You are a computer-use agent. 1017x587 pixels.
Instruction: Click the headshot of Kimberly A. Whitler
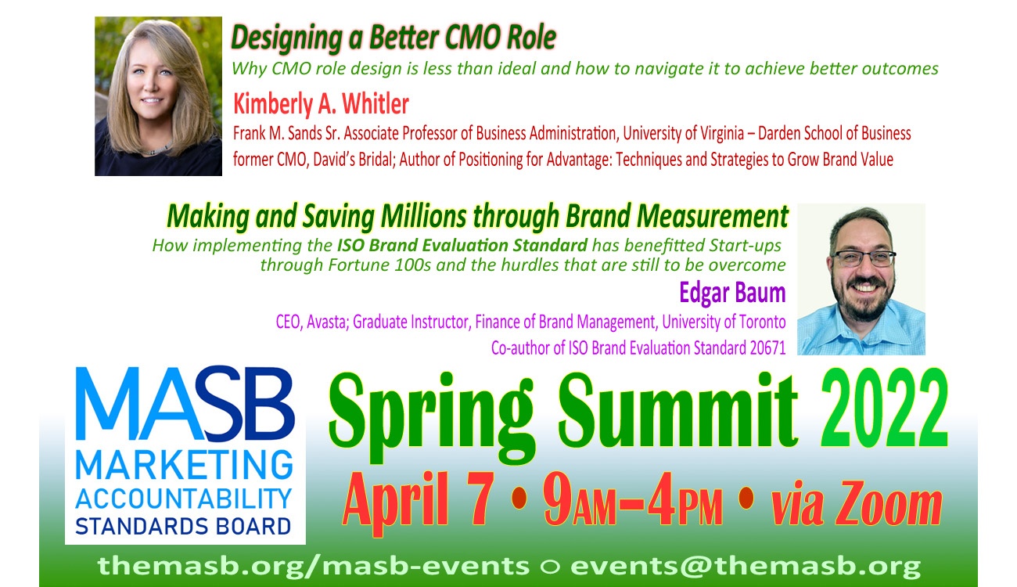point(158,96)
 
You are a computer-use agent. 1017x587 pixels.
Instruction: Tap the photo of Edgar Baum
point(861,279)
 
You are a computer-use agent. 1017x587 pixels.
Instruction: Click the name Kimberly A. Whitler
point(321,104)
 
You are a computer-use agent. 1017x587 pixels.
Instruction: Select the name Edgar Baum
point(732,293)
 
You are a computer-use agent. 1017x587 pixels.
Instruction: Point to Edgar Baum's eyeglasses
point(863,257)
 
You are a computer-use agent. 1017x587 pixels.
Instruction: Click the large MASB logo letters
point(185,407)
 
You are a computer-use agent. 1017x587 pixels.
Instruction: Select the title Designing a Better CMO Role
point(394,37)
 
